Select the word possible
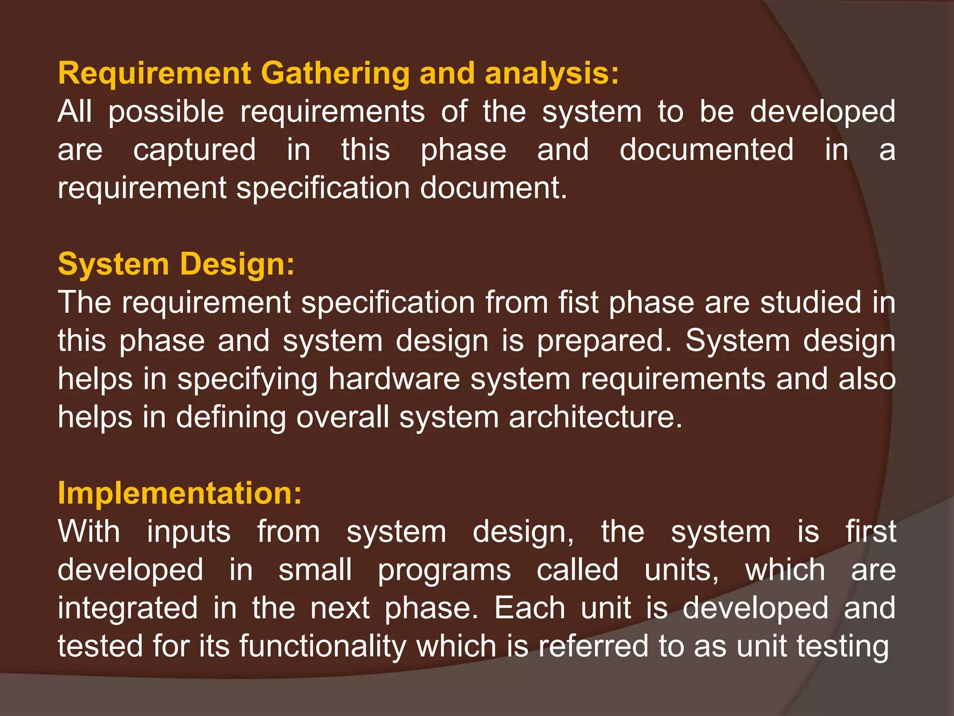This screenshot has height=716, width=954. pos(166,113)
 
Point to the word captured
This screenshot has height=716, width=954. pos(194,151)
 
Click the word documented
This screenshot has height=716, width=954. pos(706,151)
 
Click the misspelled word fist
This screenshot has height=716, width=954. pos(579,303)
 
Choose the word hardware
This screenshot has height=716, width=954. pos(394,379)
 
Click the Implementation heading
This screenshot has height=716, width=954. pos(180,493)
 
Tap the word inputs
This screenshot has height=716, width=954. pos(189,532)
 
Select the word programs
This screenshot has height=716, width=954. pos(444,570)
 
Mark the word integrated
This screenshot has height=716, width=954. pos(128,608)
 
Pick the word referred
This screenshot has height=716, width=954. pos(593,646)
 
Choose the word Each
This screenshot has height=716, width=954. pos(530,608)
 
